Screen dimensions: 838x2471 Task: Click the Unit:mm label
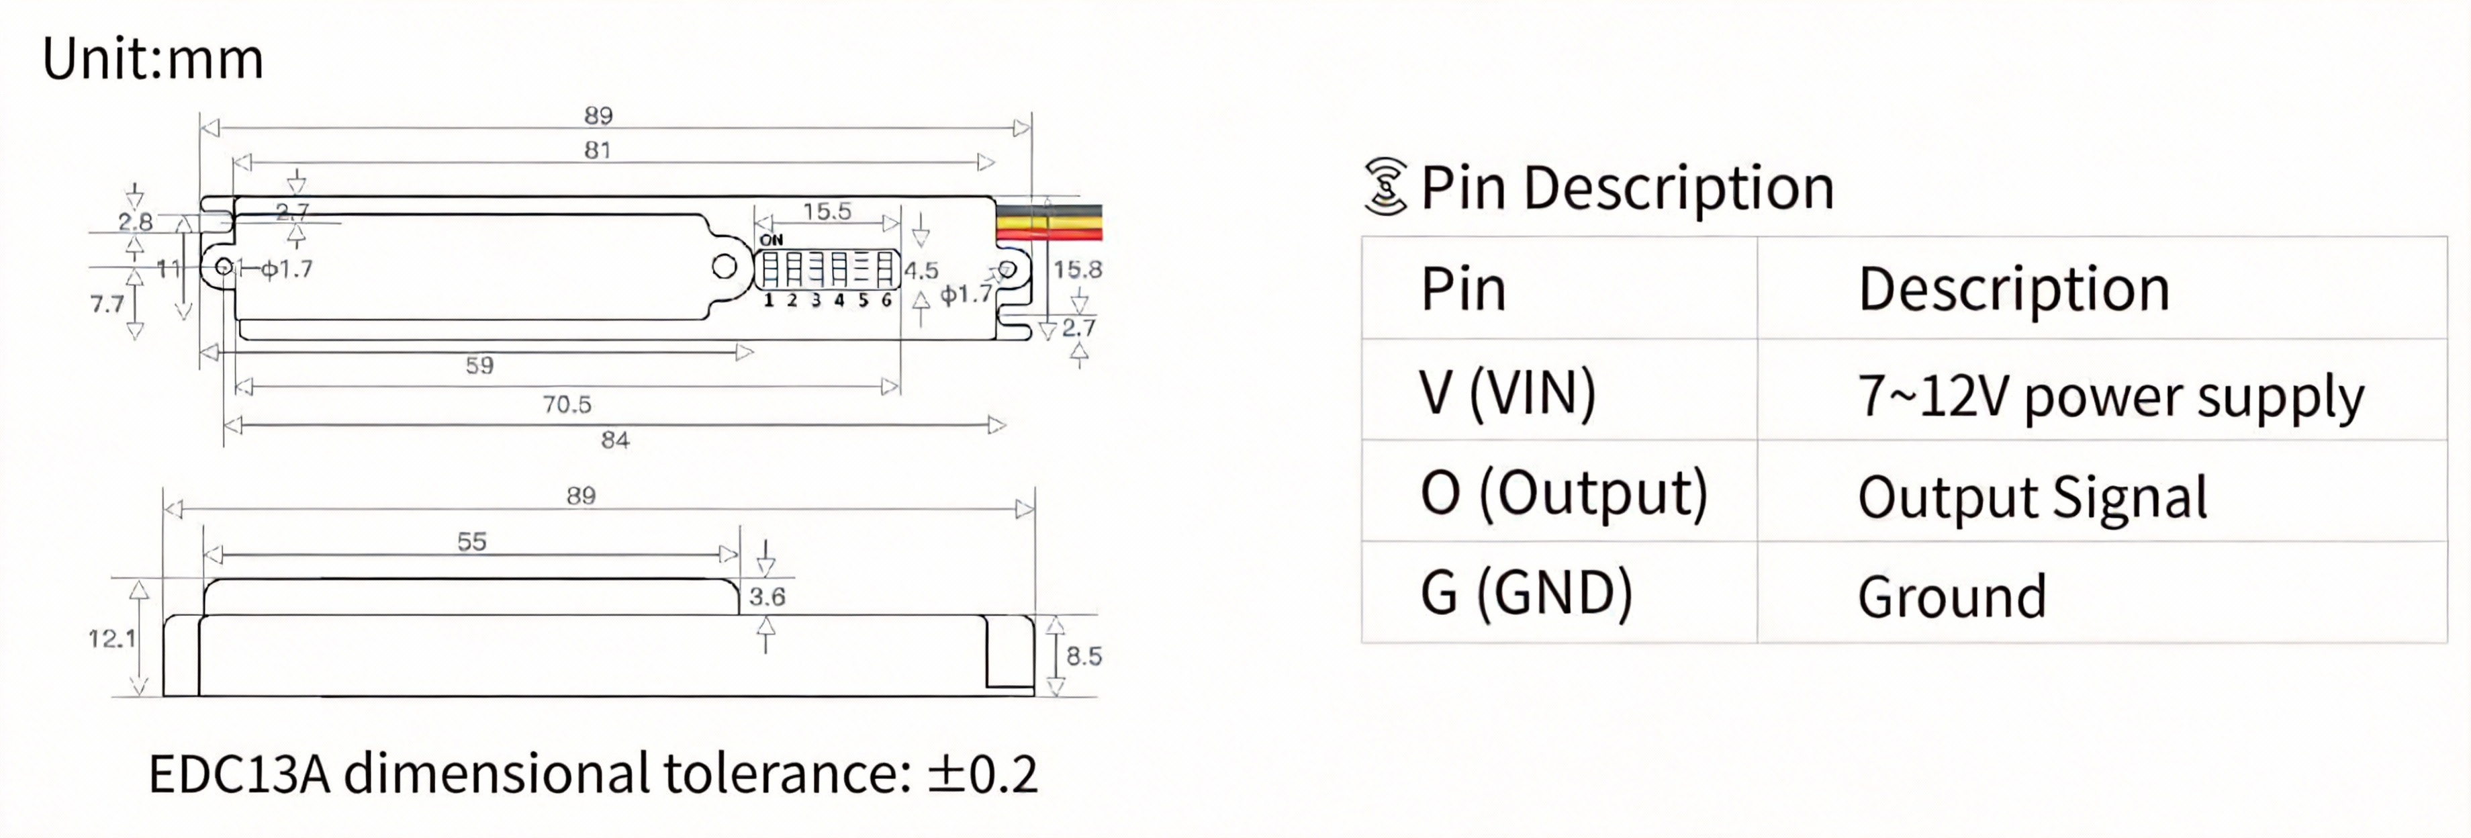152,60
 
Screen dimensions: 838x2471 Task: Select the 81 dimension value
598,150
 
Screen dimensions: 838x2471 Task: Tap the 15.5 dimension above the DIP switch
827,211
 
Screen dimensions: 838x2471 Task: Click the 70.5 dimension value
567,405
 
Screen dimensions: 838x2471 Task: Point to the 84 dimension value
615,440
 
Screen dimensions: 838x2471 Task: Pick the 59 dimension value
479,365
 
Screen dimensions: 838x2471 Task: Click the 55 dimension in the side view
471,542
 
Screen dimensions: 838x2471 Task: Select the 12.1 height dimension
111,639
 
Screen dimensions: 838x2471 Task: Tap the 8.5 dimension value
1084,656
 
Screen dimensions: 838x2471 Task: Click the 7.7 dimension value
107,304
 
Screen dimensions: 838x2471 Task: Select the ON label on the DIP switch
772,240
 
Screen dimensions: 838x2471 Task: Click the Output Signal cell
2032,497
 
